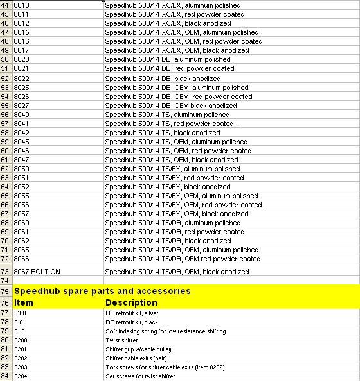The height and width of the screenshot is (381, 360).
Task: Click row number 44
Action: tap(6, 5)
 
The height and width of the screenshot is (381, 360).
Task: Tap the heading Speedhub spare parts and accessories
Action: tap(102, 291)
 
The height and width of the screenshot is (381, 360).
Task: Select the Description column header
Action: tap(131, 302)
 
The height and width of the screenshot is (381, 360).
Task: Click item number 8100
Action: tap(20, 313)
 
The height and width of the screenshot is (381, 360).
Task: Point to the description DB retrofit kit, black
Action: tap(132, 322)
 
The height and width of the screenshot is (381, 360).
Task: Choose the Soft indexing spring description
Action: tap(165, 331)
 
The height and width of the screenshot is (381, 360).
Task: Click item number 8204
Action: tap(20, 376)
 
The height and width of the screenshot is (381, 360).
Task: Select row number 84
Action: tap(6, 376)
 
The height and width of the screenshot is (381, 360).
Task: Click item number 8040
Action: tap(21, 115)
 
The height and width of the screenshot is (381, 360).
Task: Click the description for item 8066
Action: tap(183, 259)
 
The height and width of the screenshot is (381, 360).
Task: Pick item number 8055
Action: tap(21, 196)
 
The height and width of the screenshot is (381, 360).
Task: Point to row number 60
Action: tap(6, 151)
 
